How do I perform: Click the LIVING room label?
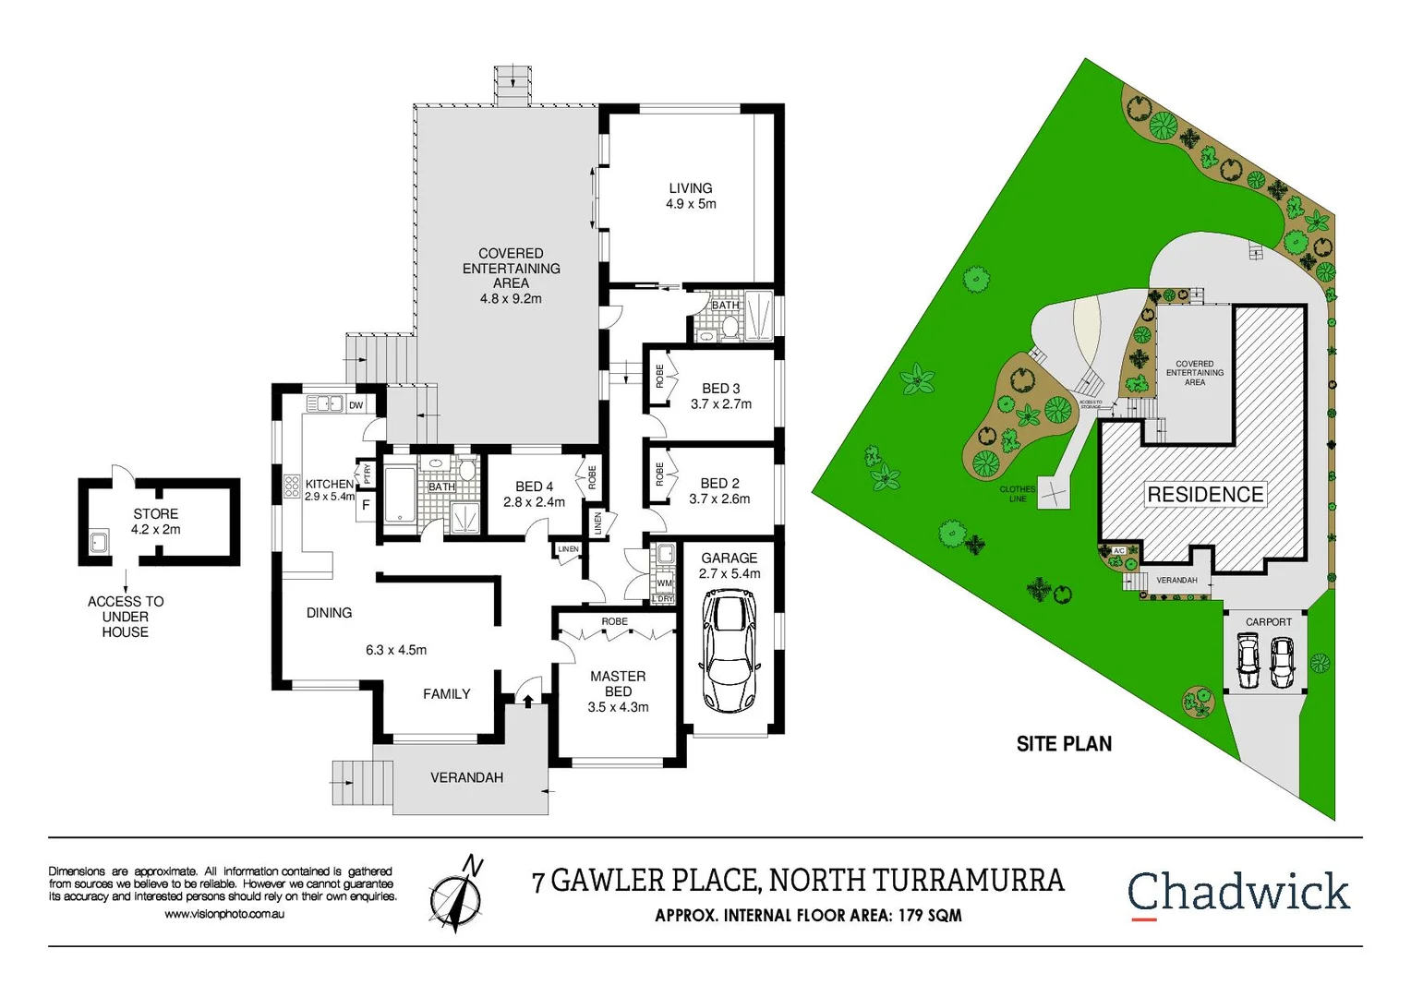tap(691, 187)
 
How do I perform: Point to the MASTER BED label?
tap(618, 684)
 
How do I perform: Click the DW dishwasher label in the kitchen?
tap(356, 405)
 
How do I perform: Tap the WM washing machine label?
tap(664, 583)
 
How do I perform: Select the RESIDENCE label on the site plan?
tap(1205, 495)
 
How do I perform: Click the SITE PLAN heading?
tap(1064, 744)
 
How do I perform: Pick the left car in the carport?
tap(1248, 662)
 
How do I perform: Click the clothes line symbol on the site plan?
tap(1054, 494)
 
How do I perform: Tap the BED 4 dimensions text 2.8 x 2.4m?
tap(534, 502)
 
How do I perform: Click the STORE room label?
tap(155, 513)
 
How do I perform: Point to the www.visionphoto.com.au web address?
tap(224, 914)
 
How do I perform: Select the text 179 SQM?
tap(930, 916)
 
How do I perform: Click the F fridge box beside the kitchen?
tap(366, 506)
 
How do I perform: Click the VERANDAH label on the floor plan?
tap(466, 777)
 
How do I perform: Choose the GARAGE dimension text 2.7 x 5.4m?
tap(730, 573)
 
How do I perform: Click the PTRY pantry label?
tap(367, 474)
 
